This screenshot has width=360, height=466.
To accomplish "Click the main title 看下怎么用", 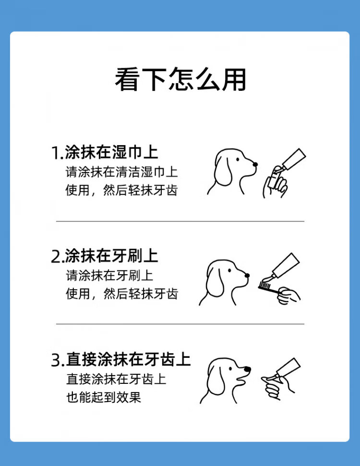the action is pyautogui.click(x=180, y=79).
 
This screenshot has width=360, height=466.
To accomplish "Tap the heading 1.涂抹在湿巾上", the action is pyautogui.click(x=105, y=152).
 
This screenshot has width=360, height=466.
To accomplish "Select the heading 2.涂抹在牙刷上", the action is pyautogui.click(x=105, y=256).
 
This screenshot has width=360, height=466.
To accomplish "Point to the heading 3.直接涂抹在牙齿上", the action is pyautogui.click(x=121, y=359).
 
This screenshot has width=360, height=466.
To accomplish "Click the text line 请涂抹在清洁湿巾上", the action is pyautogui.click(x=122, y=172).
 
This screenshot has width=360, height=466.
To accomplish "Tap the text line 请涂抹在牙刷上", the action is pyautogui.click(x=109, y=275).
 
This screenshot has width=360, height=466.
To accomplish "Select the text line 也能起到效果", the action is pyautogui.click(x=103, y=397).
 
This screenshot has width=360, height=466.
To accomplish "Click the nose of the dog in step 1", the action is pyautogui.click(x=255, y=164).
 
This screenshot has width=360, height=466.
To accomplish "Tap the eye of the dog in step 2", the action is pyautogui.click(x=229, y=270).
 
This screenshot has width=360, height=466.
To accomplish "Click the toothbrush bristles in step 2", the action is pyautogui.click(x=264, y=286).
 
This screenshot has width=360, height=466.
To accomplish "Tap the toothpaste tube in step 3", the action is pyautogui.click(x=288, y=368).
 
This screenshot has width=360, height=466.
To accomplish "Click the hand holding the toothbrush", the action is pyautogui.click(x=288, y=296).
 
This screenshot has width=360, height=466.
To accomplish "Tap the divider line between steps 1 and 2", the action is pyautogui.click(x=180, y=221).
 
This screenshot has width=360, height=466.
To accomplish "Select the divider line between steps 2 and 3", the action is pyautogui.click(x=180, y=324).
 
